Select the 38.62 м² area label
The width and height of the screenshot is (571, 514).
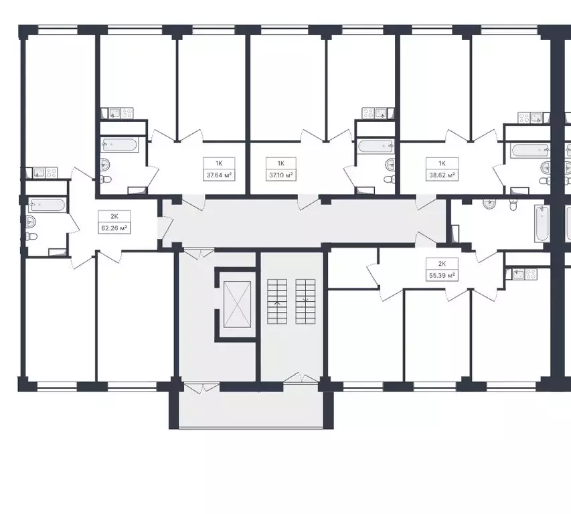441,175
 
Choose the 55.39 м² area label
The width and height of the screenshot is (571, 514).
442,275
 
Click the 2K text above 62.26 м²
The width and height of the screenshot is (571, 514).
105,216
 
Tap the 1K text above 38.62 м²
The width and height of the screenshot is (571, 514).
441,163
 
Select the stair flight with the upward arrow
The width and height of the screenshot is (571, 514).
276,302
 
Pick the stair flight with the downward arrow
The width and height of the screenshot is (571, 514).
305,302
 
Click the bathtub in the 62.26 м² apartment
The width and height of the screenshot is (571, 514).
48,205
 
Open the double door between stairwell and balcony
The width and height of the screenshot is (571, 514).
300,379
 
